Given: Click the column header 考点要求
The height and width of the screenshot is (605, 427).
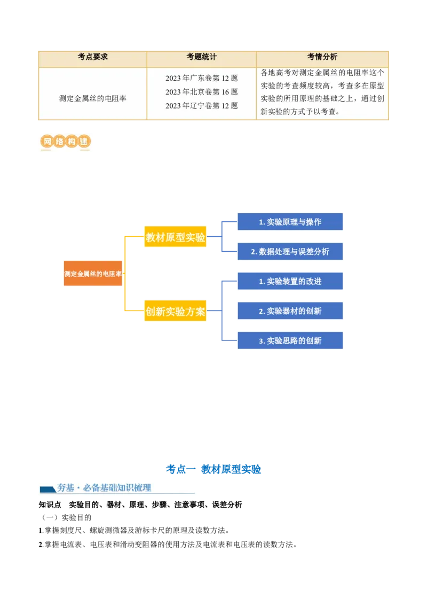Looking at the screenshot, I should click(93, 57).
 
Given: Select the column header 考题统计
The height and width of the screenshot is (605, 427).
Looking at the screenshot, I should click(201, 57).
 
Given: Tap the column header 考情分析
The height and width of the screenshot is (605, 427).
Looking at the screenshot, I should click(322, 57).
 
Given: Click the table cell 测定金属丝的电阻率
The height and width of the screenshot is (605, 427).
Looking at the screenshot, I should click(93, 98).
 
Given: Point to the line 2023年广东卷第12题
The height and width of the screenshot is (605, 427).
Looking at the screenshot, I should click(201, 78).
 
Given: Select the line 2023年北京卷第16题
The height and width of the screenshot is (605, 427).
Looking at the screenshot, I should click(201, 92).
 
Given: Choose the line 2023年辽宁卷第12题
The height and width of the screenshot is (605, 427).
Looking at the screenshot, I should click(201, 106).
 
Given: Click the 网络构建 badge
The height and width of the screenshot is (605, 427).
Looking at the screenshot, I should click(64, 143).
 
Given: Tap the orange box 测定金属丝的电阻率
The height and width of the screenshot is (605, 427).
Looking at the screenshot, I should click(93, 273).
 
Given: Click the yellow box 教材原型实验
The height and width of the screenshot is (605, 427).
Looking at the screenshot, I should click(175, 238).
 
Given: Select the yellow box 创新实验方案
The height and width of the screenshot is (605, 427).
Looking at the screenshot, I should click(175, 312).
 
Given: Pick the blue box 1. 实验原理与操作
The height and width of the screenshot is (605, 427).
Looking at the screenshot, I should click(290, 222).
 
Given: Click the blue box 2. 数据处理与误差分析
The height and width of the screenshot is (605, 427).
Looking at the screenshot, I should click(290, 252).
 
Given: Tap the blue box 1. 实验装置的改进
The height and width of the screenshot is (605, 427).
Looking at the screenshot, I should click(290, 281).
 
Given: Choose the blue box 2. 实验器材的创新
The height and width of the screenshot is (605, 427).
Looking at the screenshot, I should click(290, 311).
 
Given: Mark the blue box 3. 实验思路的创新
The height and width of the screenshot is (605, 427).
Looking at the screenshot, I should click(290, 340).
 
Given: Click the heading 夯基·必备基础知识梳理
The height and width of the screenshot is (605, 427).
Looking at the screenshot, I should click(104, 487).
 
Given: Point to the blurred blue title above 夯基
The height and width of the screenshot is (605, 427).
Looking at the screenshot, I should click(213, 469).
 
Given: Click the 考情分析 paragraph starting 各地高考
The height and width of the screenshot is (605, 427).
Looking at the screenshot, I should click(322, 92).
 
